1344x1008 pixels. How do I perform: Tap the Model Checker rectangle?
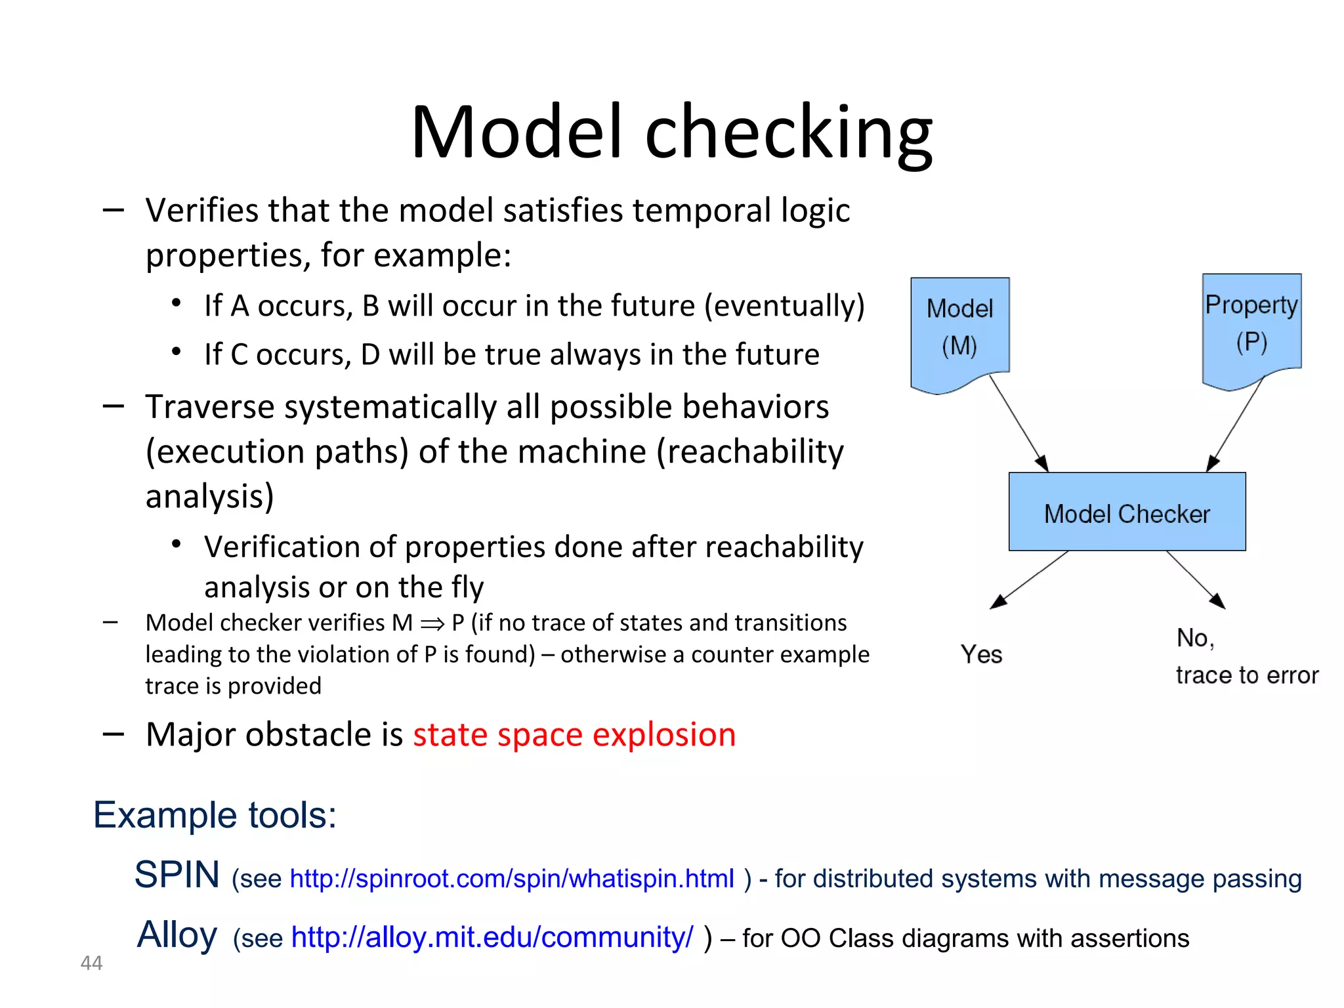(1127, 513)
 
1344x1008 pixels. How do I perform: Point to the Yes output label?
(981, 654)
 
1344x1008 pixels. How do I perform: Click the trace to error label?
(1247, 675)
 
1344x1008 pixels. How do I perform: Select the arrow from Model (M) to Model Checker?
(1018, 423)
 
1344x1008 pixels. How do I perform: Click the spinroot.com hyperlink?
(512, 879)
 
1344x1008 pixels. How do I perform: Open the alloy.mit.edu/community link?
(492, 938)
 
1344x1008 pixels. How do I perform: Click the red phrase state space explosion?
(574, 734)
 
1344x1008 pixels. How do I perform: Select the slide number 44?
(91, 963)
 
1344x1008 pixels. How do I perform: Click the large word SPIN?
(177, 875)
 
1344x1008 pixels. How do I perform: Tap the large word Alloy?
(177, 934)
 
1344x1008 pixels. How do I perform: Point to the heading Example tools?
(215, 815)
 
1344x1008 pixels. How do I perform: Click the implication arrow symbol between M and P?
(432, 623)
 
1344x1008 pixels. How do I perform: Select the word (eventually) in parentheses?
(785, 306)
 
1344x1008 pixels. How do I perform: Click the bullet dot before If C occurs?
(176, 352)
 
